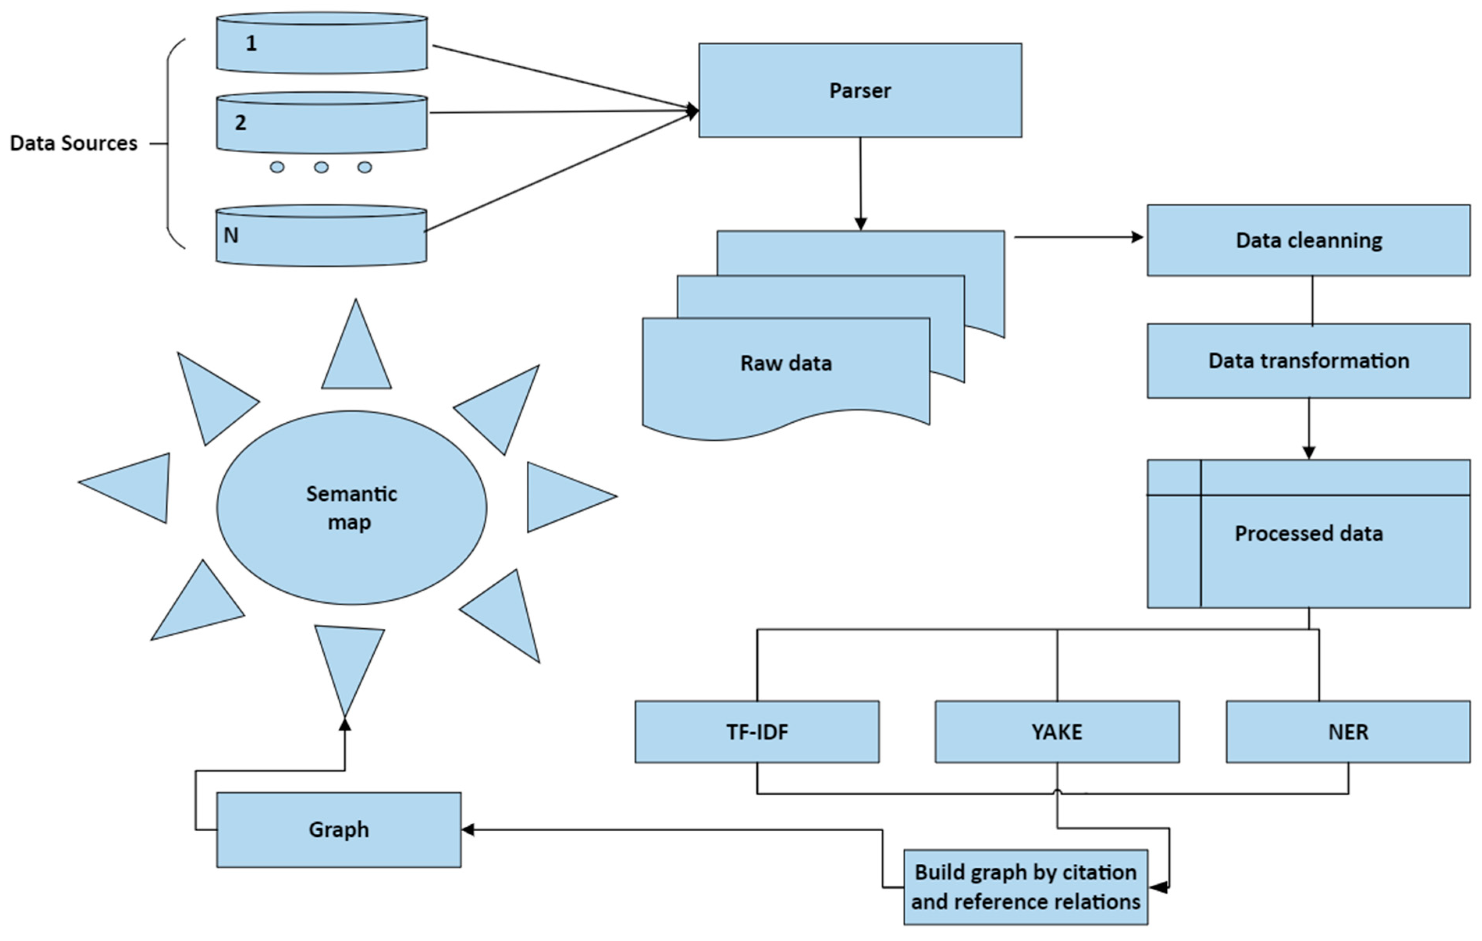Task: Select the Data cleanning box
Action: coord(1308,240)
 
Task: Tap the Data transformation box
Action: coord(1308,361)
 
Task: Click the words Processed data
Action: coord(1308,533)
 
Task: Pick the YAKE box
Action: coord(1057,732)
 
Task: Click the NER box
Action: coord(1348,732)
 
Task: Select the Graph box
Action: coord(338,830)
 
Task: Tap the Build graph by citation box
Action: coord(1025,887)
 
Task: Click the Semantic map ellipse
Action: coord(352,508)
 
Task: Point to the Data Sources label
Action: coord(73,143)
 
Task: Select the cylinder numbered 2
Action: coord(321,123)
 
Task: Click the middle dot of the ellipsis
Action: coord(321,167)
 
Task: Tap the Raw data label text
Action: coord(785,363)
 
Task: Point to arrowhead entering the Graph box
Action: coord(468,830)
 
